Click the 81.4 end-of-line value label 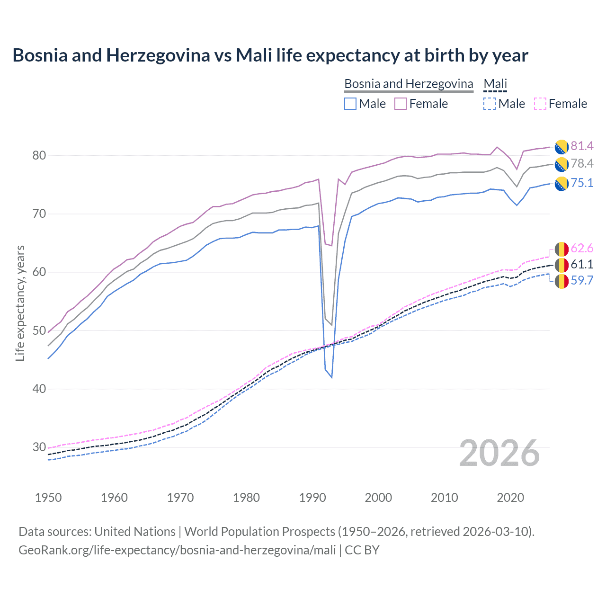pos(582,146)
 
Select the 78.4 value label pos(582,164)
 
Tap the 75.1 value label pos(582,183)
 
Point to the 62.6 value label pos(582,249)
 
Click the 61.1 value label pos(582,264)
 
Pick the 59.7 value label pos(582,280)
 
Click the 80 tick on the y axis pos(39,155)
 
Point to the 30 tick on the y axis pos(39,447)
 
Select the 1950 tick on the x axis pos(48,498)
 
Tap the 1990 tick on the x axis pos(312,498)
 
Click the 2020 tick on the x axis pos(510,498)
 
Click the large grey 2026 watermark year pos(499,454)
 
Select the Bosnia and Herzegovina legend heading pos(409,84)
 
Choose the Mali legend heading pos(495,84)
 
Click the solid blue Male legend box pos(350,104)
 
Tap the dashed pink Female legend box pos(540,104)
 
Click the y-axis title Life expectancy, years pos(20,303)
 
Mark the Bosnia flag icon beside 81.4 pos(561,147)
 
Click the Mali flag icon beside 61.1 pos(561,265)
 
